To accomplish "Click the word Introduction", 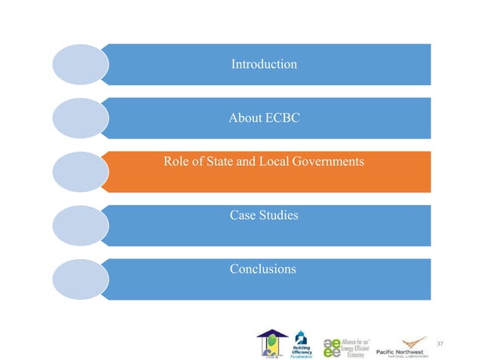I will point(263,65).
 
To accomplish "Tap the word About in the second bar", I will point(244,118).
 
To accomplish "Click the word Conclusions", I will point(263,269).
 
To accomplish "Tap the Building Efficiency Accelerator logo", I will point(303,343).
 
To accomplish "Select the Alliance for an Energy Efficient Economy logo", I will point(351,343).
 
